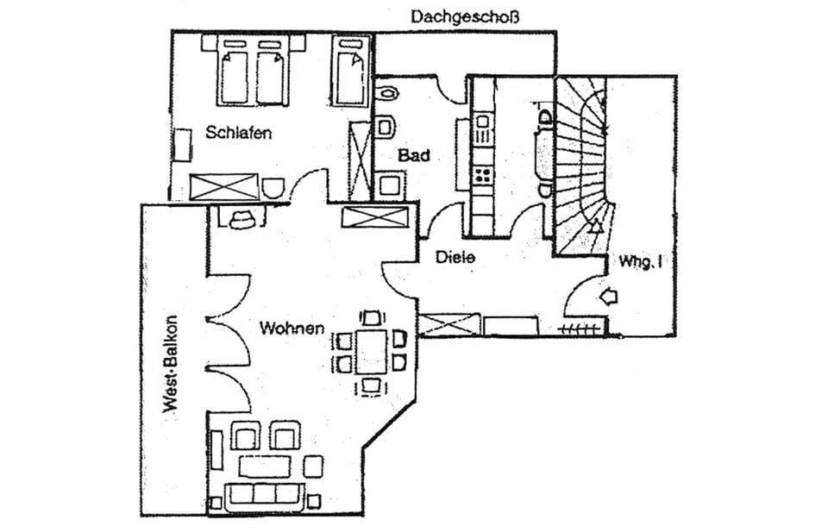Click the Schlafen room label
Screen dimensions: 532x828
(x=239, y=133)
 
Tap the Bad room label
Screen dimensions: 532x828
(x=413, y=156)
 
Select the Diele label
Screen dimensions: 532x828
(x=455, y=256)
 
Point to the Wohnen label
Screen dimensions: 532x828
(x=292, y=328)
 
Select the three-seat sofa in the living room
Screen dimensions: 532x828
(x=264, y=494)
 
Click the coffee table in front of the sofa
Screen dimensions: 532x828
(x=265, y=466)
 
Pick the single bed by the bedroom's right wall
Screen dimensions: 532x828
(x=350, y=76)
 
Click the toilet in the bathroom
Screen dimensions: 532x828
(x=386, y=128)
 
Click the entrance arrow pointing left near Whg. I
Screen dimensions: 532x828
(x=609, y=297)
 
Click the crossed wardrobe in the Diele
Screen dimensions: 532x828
(x=448, y=325)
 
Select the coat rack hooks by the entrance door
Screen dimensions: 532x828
(x=580, y=329)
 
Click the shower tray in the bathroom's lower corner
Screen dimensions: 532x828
(x=390, y=185)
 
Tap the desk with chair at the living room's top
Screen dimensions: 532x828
(x=241, y=216)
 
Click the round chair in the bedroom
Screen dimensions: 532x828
(x=274, y=188)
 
